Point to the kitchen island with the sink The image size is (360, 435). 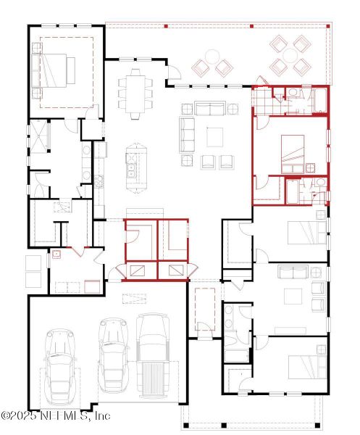[133, 168]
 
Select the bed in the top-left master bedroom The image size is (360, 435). [57, 70]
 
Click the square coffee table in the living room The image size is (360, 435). [215, 136]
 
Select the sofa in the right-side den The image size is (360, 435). [293, 272]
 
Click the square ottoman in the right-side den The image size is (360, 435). [293, 297]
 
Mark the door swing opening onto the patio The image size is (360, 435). [174, 73]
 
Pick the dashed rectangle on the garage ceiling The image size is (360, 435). [133, 299]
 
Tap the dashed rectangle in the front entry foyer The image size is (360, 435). [206, 307]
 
